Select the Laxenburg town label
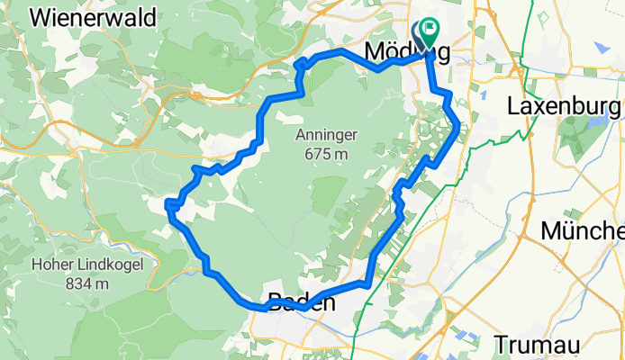[565, 105]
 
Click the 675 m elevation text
[326, 154]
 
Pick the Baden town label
[301, 302]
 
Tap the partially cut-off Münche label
[582, 231]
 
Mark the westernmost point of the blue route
[168, 207]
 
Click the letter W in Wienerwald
[41, 17]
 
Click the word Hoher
[54, 265]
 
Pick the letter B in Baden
[274, 302]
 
